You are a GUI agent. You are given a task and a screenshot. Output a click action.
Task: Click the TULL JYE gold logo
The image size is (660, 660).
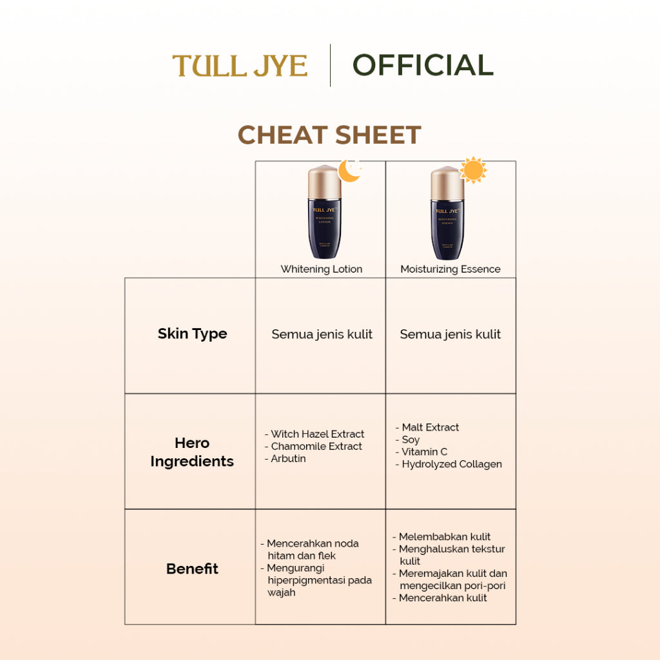coord(240,66)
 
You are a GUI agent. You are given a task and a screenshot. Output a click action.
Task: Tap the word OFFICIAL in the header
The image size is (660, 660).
coord(423,65)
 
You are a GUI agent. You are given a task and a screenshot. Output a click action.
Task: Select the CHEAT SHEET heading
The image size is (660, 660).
coord(329,135)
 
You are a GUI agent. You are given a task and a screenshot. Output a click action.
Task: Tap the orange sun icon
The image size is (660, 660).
coord(473,170)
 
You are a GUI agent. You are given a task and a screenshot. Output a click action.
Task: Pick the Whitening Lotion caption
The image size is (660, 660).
coord(321,269)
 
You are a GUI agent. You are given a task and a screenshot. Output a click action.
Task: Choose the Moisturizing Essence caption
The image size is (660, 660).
coord(450,269)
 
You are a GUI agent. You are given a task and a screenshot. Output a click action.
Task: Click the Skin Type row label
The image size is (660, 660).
coord(192,334)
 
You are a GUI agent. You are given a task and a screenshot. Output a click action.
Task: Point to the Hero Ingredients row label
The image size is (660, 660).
coord(192,452)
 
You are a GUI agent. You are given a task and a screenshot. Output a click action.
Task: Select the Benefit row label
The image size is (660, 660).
coord(192,568)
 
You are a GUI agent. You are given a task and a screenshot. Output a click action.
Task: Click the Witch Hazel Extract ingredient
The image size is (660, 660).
coord(317,434)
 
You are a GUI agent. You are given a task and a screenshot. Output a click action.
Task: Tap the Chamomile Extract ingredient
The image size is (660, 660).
coord(316,447)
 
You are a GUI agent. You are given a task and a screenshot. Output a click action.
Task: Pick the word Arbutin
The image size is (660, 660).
coord(288,459)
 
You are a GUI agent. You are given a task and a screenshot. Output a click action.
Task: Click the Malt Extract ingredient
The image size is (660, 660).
coord(430,427)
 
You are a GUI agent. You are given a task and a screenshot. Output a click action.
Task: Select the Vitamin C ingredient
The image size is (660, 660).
coord(424,452)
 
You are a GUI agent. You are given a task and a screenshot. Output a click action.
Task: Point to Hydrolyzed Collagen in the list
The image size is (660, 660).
coord(451,464)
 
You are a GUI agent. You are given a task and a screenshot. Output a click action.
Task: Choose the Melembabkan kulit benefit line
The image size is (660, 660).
coord(444,537)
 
